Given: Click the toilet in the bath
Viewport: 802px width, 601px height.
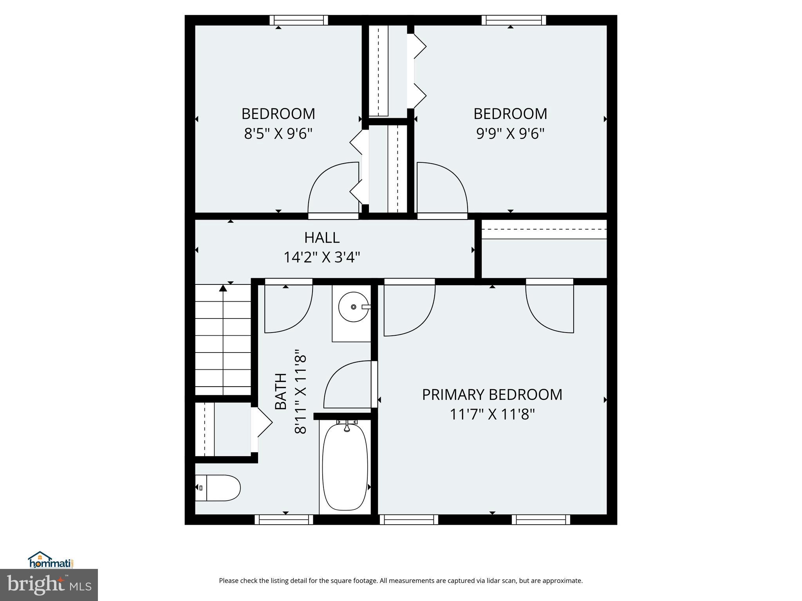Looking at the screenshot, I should pos(218,488).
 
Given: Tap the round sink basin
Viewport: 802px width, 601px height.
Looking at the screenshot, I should pos(354,307).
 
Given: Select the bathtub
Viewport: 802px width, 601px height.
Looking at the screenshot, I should pos(345,468).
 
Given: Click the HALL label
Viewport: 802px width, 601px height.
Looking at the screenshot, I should pos(322,238).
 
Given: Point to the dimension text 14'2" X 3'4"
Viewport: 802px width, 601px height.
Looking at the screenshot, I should pos(322,257).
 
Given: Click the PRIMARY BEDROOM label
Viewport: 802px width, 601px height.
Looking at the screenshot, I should pos(492,394).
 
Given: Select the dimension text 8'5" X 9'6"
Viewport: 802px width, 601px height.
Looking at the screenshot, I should pos(278,134).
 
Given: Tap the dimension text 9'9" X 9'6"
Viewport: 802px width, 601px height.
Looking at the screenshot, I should pos(510,134).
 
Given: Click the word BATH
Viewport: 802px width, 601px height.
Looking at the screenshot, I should pos(281,391).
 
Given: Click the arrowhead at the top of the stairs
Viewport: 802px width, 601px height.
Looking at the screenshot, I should pos(223,288).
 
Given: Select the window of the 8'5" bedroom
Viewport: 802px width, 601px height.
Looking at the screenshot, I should pos(299,20).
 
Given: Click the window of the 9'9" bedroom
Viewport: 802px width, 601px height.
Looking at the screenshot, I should pos(513,20).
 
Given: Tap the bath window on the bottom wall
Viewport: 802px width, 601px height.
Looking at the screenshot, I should pos(284,519).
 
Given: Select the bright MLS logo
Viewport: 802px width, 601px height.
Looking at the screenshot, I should pos(49,585).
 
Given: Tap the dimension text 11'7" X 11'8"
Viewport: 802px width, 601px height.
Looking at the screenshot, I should pos(492,414).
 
